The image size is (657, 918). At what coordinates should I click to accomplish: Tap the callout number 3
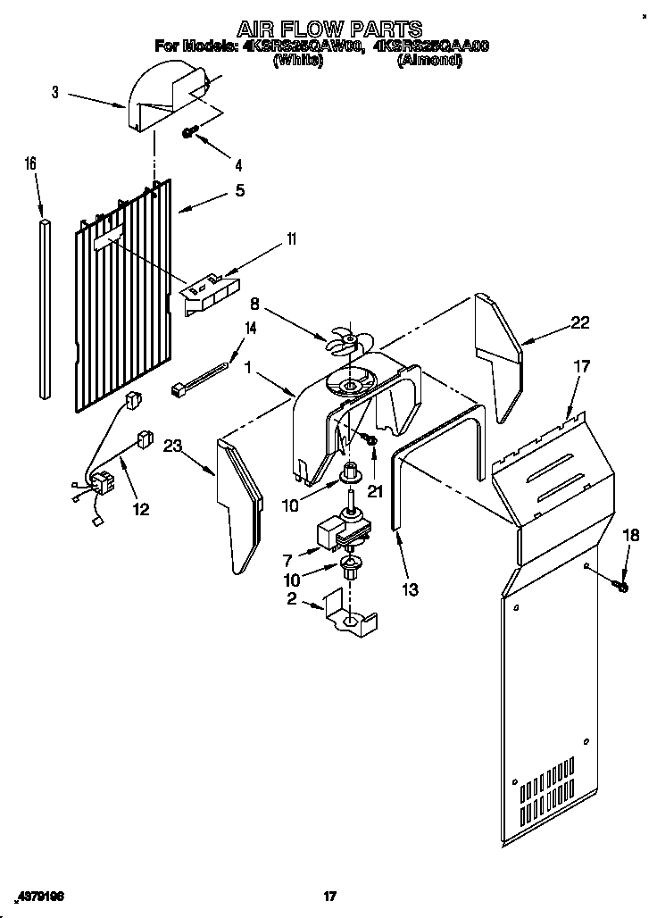pos(55,92)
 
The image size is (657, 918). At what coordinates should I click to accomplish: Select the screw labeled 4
pos(190,131)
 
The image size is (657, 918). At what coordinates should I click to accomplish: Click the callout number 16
pos(31,163)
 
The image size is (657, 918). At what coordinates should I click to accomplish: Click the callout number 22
pos(579,323)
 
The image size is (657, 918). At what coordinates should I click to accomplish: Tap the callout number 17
pos(581,365)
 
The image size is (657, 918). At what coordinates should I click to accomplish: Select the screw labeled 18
pos(622,586)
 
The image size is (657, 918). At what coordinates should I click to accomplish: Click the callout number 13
pos(410,589)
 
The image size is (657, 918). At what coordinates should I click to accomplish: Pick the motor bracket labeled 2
pos(350,615)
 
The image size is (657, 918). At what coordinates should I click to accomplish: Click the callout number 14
pos(250,328)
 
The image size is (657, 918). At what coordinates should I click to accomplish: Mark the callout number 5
pos(239,190)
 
